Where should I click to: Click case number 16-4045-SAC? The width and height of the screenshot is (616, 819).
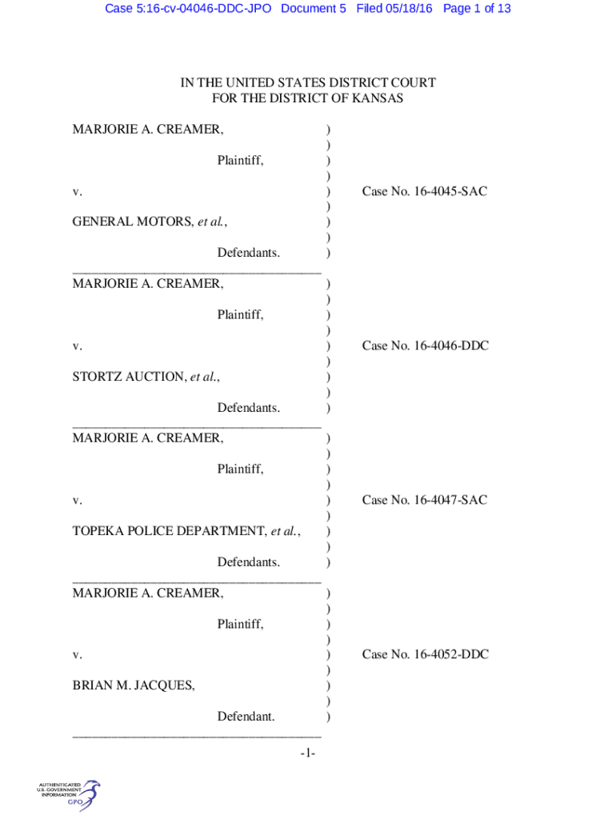[x=450, y=191]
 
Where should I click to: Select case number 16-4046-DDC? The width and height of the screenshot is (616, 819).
[x=451, y=346]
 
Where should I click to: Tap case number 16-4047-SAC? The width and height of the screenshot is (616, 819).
[x=450, y=500]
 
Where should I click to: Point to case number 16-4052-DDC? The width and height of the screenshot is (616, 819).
[x=451, y=654]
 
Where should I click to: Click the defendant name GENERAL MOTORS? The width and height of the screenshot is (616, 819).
[x=133, y=222]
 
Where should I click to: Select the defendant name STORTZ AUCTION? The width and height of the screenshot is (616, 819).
[x=129, y=377]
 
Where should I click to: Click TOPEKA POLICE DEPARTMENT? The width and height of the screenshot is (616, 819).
[x=170, y=531]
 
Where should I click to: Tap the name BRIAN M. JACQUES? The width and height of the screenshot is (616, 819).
[x=134, y=685]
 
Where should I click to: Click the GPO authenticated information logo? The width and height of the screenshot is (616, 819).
[x=68, y=795]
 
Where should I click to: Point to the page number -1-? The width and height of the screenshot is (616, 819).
[x=308, y=753]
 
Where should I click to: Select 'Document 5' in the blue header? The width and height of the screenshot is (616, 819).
[x=314, y=9]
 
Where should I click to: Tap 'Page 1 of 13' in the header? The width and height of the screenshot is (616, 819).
[x=477, y=9]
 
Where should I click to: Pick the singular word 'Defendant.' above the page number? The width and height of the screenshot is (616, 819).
[x=246, y=716]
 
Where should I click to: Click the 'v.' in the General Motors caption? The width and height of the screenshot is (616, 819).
[x=78, y=192]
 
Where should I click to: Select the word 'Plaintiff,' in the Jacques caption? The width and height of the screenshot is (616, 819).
[x=240, y=624]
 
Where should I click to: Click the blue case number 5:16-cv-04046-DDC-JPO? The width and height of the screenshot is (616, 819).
[x=188, y=9]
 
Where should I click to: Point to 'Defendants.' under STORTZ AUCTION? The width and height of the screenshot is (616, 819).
[x=249, y=407]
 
